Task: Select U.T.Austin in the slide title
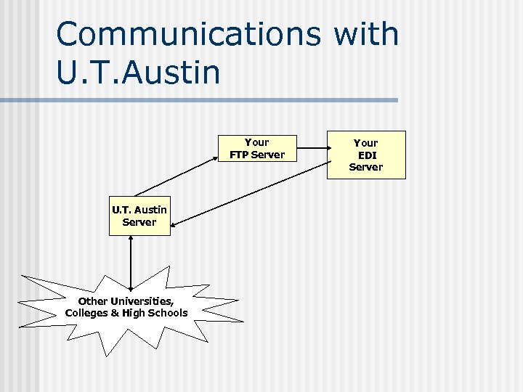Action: (x=138, y=72)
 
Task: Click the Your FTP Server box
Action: (x=257, y=149)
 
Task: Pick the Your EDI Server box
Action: (x=366, y=155)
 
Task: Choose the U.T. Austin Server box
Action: (x=139, y=216)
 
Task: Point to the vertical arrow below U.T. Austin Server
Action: (x=130, y=263)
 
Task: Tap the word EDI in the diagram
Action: (x=367, y=155)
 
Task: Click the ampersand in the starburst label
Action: (x=113, y=313)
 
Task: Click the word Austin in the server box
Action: (x=150, y=210)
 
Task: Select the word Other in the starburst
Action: (x=92, y=301)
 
